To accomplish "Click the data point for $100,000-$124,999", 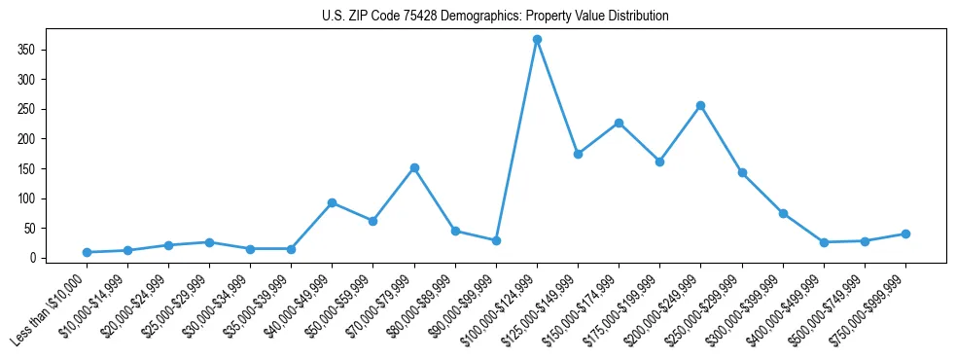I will (537, 40).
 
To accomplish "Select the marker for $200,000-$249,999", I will (700, 105).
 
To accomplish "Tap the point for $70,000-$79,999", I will (414, 167).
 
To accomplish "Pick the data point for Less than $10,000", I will (88, 252).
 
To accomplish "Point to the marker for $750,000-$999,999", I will (905, 234).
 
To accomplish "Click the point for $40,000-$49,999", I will (333, 202).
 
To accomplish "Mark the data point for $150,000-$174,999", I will (619, 123).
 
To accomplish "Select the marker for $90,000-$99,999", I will (496, 240).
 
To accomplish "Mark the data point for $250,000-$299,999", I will (742, 172).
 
